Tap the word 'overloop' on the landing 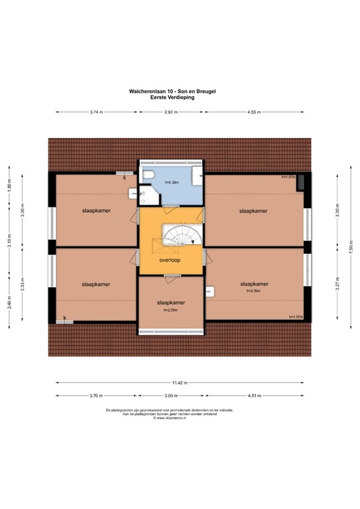[x=170, y=260]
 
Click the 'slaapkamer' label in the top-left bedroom [x=95, y=210]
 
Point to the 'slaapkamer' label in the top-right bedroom [x=253, y=210]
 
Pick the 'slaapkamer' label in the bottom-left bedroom [x=95, y=283]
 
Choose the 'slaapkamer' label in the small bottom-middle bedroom [x=171, y=302]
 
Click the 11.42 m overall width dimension [x=180, y=382]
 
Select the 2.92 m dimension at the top [x=171, y=112]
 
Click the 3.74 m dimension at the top [x=95, y=112]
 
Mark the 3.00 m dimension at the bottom [x=171, y=396]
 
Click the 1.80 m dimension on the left [x=9, y=186]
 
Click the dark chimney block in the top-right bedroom [x=301, y=181]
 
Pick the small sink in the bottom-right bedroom [x=210, y=290]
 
